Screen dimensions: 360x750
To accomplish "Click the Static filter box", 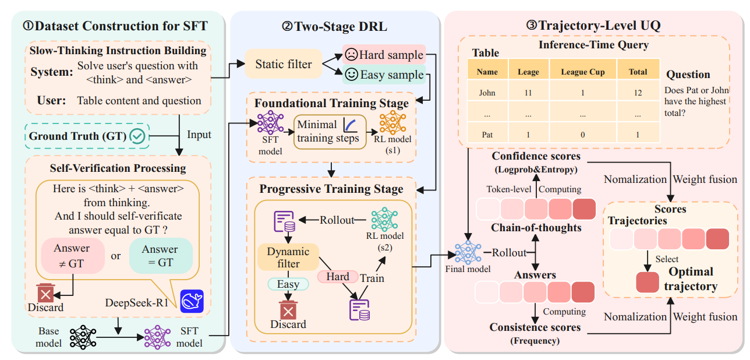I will [283, 65].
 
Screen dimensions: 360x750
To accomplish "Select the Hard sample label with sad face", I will [384, 55].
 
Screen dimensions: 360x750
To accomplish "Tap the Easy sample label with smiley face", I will [384, 75].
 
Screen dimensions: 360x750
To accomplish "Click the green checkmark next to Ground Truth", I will [138, 136].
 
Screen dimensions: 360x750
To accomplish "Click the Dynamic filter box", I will [288, 257].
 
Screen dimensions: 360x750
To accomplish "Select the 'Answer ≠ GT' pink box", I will [72, 255].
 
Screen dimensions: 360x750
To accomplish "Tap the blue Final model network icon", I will [467, 252].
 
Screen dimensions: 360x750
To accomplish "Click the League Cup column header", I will [583, 72].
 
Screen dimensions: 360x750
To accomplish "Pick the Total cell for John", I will [638, 92].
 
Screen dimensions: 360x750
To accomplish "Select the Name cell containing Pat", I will [487, 135].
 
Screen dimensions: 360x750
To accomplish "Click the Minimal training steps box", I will [328, 132].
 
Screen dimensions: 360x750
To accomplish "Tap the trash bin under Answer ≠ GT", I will [45, 293].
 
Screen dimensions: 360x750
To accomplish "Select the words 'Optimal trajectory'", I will [691, 279].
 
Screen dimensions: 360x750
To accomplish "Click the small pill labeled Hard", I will [337, 277].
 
